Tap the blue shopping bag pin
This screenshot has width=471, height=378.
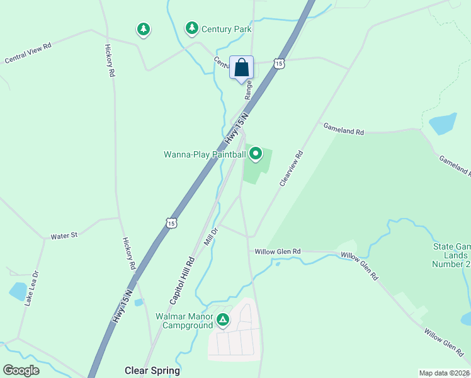click(241, 67)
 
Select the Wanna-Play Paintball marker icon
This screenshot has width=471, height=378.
click(256, 154)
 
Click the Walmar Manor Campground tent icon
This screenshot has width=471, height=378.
click(223, 320)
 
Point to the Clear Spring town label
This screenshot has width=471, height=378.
click(152, 370)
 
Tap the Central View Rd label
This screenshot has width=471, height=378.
click(28, 53)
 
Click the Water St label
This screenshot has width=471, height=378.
click(64, 236)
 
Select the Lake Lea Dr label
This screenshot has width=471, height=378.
click(31, 289)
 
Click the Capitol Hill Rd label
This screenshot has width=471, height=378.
click(183, 278)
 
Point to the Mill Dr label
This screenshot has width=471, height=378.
click(210, 237)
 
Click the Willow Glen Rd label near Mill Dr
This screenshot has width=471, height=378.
click(278, 251)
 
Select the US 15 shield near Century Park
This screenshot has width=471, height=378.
click(280, 63)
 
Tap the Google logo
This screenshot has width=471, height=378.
click(21, 370)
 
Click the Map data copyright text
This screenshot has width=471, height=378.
click(443, 373)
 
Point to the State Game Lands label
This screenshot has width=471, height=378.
click(450, 255)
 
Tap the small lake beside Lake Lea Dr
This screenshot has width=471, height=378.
click(17, 291)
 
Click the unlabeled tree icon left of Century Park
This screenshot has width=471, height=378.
click(144, 29)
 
